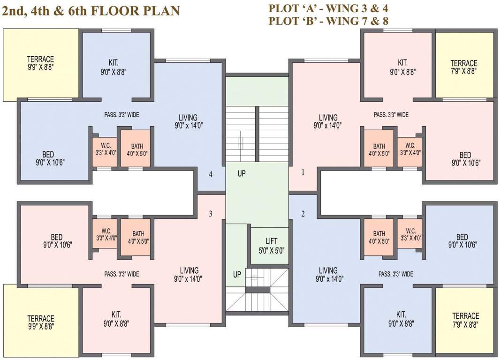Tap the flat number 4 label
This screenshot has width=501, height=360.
(211, 174)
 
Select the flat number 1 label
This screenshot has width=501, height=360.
(303, 172)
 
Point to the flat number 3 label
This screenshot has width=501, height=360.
(211, 214)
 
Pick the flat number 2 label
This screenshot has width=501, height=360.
(303, 214)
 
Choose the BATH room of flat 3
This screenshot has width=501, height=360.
(138, 237)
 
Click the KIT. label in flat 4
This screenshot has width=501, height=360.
(114, 62)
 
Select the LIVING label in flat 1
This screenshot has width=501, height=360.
(328, 117)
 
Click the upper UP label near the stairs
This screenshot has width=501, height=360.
(242, 173)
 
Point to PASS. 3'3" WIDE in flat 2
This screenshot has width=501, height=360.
(396, 274)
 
